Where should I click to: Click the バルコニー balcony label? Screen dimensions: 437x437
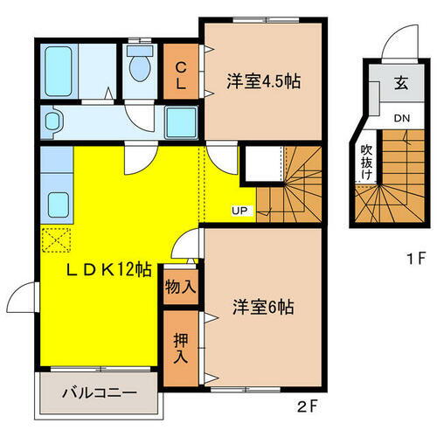click(x=99, y=393)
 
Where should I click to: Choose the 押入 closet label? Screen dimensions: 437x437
click(x=181, y=347)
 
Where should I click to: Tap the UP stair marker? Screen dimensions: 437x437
click(x=239, y=210)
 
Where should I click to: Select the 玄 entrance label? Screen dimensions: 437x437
click(x=401, y=85)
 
